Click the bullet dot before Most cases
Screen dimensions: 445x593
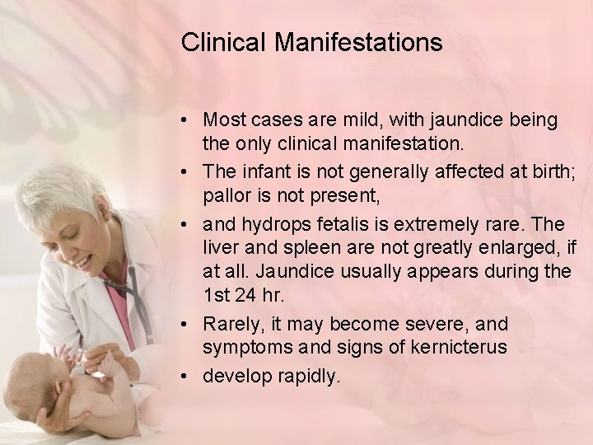[188, 120]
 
